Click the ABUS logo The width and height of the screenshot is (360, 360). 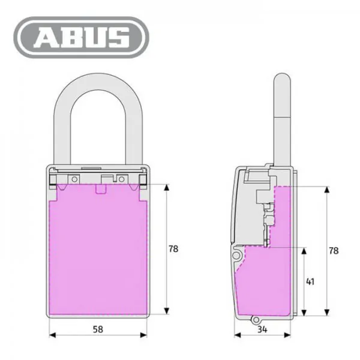pos(81,37)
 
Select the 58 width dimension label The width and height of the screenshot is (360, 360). pos(98,329)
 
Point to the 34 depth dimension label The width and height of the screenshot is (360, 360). pos(262,329)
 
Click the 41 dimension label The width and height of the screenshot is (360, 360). pos(310,282)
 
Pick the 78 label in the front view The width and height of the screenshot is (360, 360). pos(173,249)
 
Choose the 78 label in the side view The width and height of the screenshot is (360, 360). pos(334,251)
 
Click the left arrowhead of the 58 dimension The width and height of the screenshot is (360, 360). pos(52,335)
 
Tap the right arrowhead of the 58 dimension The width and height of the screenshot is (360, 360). pos(144,335)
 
